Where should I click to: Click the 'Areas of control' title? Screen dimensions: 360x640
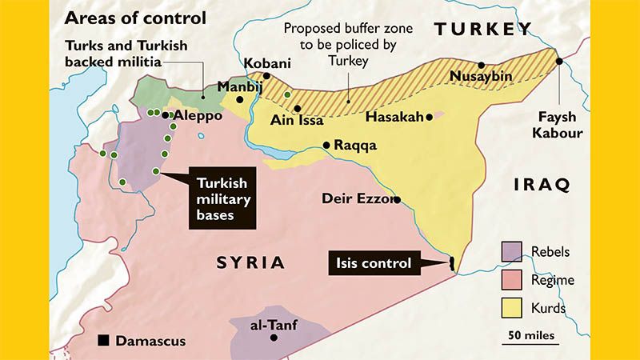click(135, 17)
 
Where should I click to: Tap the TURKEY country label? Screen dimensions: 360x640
click(482, 30)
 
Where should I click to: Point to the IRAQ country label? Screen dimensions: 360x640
click(542, 185)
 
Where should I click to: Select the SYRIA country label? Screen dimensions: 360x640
click(250, 262)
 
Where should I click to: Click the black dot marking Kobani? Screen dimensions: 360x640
click(267, 76)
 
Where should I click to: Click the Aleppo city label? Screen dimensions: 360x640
click(198, 115)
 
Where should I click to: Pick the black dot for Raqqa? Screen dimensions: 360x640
click(326, 145)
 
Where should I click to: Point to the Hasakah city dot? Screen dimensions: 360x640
click(430, 117)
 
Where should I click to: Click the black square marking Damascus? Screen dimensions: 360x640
click(102, 341)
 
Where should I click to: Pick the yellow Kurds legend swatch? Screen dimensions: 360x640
click(511, 307)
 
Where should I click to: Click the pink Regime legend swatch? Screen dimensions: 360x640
click(511, 280)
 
